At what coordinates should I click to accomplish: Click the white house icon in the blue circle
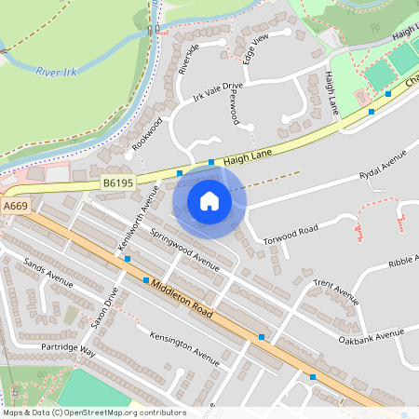209,201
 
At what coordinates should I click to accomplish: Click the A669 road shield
15,206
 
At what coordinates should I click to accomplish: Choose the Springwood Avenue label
185,250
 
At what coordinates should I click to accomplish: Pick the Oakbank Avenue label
372,334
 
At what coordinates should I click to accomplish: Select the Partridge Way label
68,350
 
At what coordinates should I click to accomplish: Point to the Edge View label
255,47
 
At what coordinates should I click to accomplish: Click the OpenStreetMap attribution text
94,412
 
